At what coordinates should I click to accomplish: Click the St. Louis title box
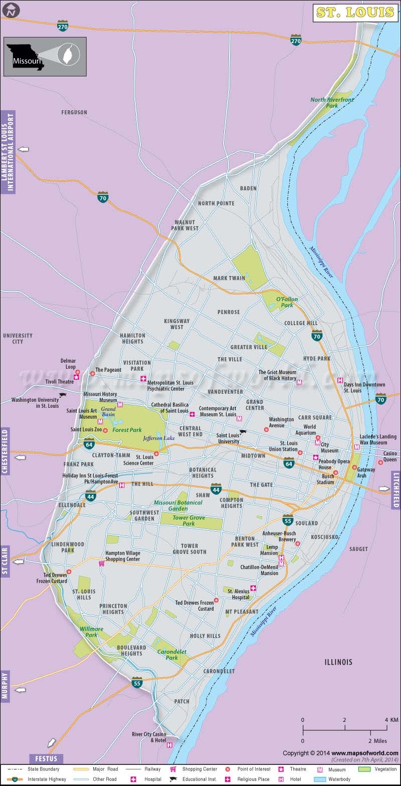[x=354, y=13]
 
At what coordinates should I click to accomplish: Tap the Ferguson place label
[x=74, y=112]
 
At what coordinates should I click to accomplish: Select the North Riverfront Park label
[x=331, y=103]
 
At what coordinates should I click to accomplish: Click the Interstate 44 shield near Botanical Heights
[x=216, y=489]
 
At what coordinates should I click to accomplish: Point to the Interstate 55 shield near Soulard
[x=288, y=520]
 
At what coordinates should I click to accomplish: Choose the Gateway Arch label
[x=366, y=472]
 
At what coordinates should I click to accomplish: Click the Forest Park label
[x=127, y=430]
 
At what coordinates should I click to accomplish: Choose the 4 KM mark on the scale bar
[x=387, y=720]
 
